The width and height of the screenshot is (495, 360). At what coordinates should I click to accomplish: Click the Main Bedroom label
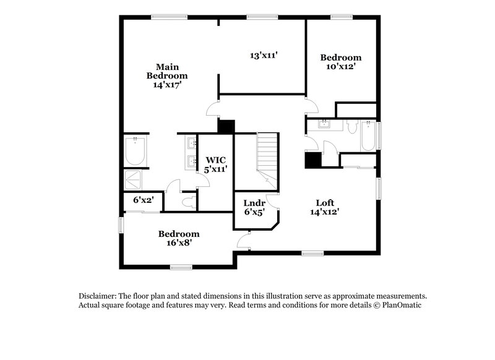(x=163, y=75)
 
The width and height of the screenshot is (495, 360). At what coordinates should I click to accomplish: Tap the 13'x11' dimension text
(x=263, y=55)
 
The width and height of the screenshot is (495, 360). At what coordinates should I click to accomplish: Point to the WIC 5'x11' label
(x=216, y=164)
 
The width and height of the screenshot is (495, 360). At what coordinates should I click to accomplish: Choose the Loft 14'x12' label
(x=325, y=207)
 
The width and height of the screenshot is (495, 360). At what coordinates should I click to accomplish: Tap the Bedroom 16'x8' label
(x=179, y=238)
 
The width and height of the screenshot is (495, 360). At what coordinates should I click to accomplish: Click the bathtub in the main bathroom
(x=135, y=152)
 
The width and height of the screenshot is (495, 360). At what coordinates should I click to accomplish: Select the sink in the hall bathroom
(x=323, y=125)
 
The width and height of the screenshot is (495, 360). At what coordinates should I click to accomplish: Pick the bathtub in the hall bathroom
(x=368, y=136)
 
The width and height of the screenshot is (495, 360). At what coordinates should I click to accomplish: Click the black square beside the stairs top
(x=226, y=126)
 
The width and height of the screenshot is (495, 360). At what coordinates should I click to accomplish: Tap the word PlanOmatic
(x=402, y=306)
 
